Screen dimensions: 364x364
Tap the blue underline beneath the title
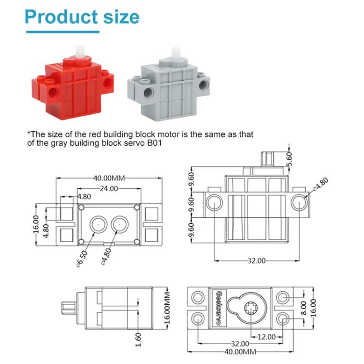tap(62, 32)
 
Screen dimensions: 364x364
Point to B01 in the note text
tap(163, 143)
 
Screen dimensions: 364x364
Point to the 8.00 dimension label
tap(302, 307)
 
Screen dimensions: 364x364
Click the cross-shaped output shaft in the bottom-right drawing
tap(251, 307)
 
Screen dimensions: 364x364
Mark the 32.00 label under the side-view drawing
tap(256, 261)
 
